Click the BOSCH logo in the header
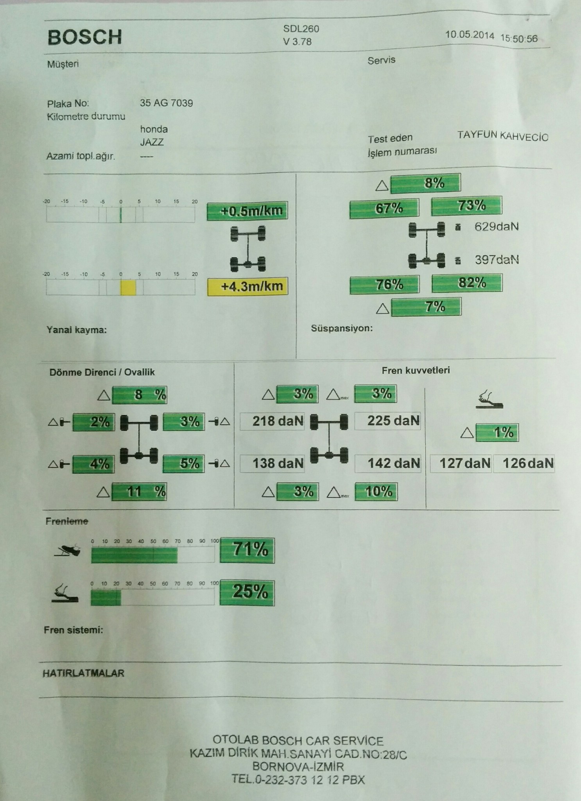[x=84, y=37]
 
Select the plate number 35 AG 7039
[x=166, y=103]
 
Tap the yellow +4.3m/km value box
[x=247, y=286]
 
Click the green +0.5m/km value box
[x=247, y=211]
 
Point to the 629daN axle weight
[x=496, y=227]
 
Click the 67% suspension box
[x=384, y=208]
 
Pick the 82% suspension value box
[x=467, y=283]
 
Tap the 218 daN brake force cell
[x=273, y=422]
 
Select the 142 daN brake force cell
[x=388, y=463]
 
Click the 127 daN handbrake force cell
[x=461, y=463]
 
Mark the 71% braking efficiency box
[x=247, y=550]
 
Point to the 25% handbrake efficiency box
[x=247, y=592]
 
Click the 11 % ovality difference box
[x=139, y=492]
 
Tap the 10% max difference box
[x=376, y=492]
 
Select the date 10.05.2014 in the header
[x=470, y=35]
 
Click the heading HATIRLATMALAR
[x=83, y=673]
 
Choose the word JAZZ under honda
[x=152, y=142]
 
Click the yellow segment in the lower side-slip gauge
[x=128, y=287]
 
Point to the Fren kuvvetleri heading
[x=416, y=370]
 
